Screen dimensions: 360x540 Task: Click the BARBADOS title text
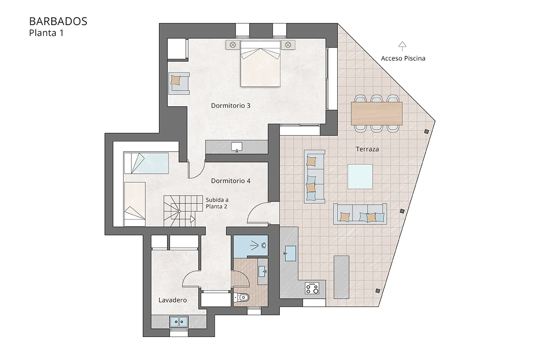(58, 21)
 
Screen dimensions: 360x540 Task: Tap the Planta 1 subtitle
(46, 33)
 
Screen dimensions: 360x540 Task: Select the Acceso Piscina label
(403, 58)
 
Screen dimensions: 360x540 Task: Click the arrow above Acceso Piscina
(402, 45)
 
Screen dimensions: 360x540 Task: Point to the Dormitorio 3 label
(230, 106)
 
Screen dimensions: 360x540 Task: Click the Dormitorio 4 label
(230, 181)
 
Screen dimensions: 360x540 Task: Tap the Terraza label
(367, 149)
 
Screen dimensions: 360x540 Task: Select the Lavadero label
(172, 300)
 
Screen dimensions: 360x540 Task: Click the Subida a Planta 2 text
(216, 203)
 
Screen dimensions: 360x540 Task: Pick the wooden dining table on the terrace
(377, 113)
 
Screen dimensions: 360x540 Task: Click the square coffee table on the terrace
(360, 176)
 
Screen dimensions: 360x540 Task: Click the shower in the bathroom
(251, 246)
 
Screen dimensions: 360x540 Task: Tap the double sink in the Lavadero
(179, 321)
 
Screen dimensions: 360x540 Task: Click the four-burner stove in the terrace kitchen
(312, 288)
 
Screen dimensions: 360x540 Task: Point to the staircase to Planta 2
(179, 210)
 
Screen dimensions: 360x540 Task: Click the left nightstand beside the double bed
(233, 45)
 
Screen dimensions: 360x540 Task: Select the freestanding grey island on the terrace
(342, 276)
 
